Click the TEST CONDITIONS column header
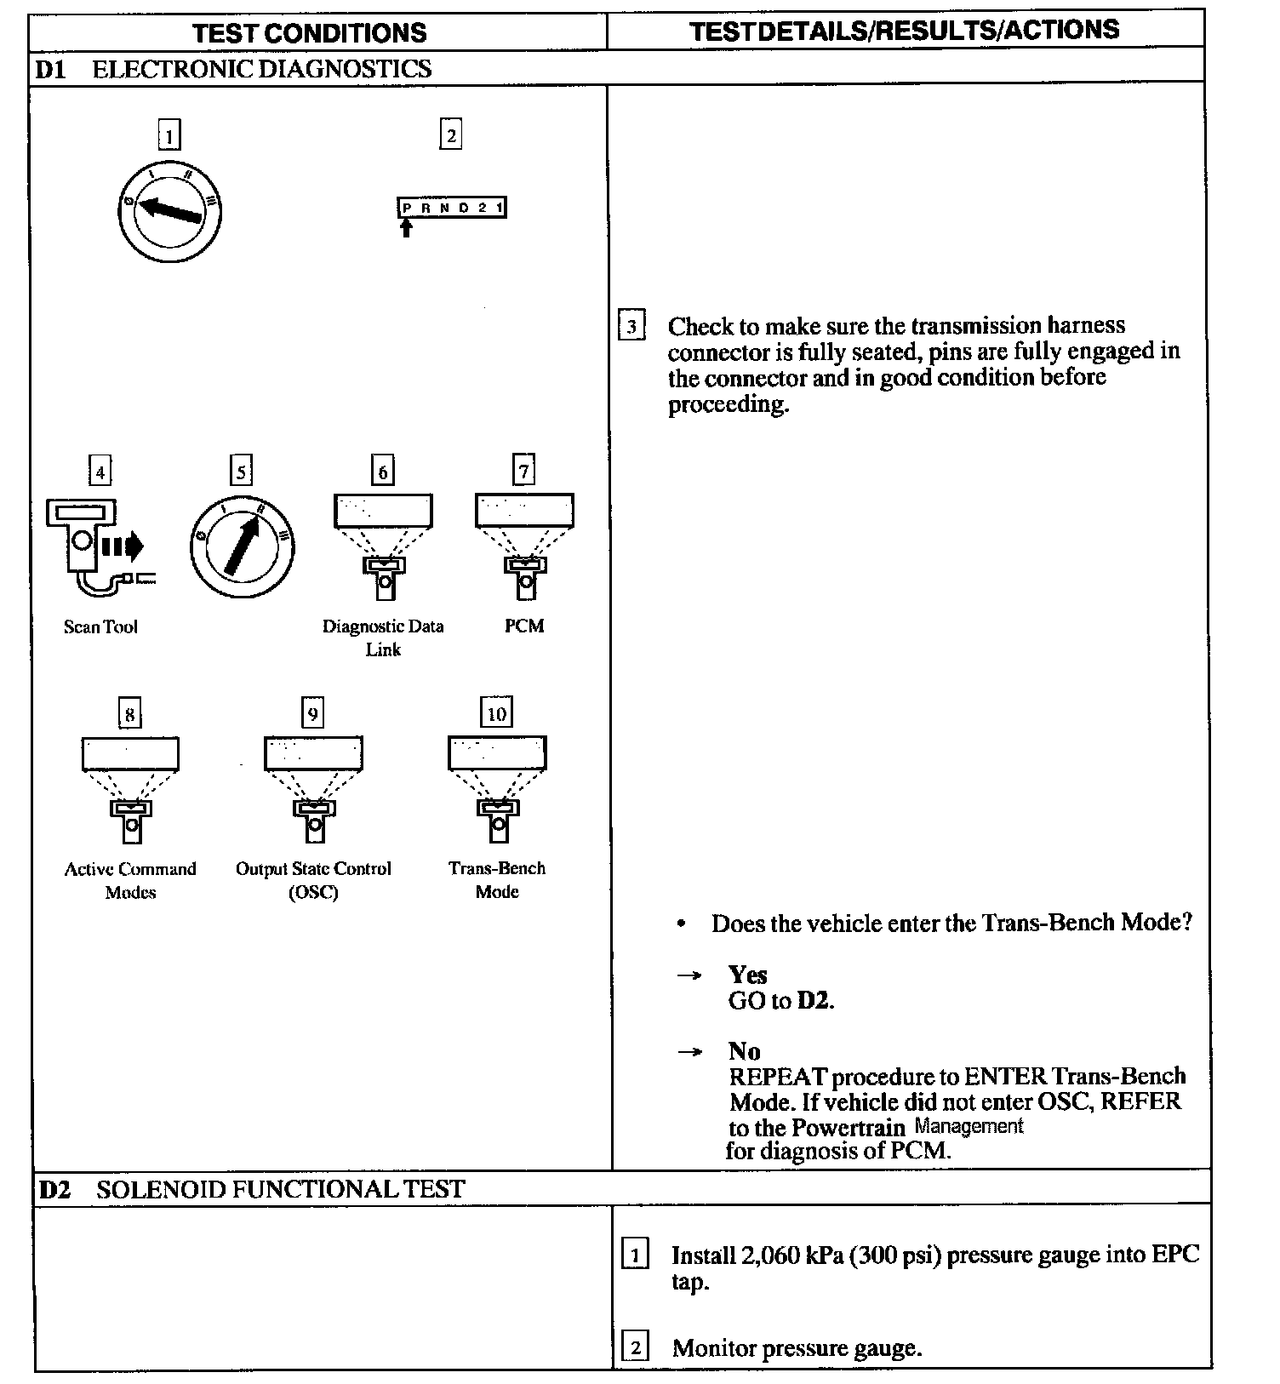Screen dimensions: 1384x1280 [309, 33]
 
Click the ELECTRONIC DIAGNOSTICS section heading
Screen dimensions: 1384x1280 [261, 69]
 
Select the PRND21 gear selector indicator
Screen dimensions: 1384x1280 [452, 208]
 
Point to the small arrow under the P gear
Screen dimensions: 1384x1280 [406, 227]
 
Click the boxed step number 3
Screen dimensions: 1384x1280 [631, 327]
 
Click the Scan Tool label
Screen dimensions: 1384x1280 [100, 627]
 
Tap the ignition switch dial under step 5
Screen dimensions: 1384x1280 [243, 544]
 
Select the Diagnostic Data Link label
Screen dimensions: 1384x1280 [383, 638]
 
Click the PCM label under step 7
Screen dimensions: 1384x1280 [524, 626]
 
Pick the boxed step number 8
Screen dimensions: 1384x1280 [129, 713]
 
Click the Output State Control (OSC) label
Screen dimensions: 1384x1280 [313, 880]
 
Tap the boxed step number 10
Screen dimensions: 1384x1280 [496, 713]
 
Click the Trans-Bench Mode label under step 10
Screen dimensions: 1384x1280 [497, 879]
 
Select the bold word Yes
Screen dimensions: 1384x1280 [747, 975]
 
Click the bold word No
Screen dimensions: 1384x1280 [744, 1051]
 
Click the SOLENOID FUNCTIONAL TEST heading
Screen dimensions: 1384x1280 [280, 1189]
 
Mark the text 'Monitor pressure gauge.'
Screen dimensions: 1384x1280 [797, 1348]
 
